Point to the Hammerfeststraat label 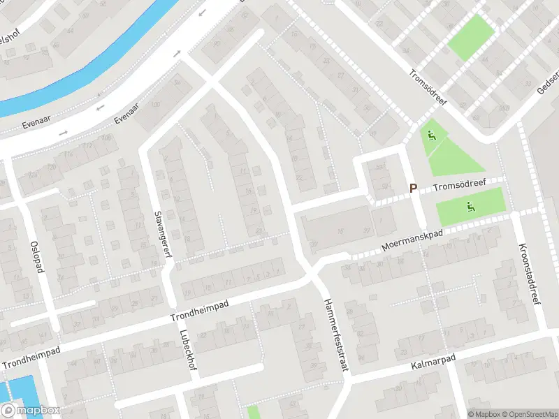click(x=335, y=339)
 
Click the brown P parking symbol click(x=413, y=188)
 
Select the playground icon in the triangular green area click(x=432, y=136)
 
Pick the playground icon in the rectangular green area click(x=470, y=206)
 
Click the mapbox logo click(x=30, y=411)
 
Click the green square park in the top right click(x=470, y=37)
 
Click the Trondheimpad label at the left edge click(x=31, y=357)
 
